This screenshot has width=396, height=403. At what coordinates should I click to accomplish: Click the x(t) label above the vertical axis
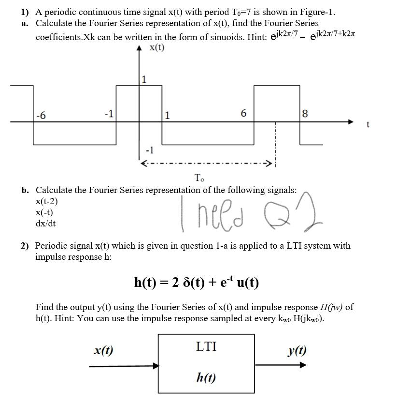(157, 47)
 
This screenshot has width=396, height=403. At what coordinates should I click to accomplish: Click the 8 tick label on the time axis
(304, 114)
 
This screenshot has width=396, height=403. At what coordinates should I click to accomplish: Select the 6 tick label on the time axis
(243, 114)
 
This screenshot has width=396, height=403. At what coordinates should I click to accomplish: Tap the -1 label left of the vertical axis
(109, 114)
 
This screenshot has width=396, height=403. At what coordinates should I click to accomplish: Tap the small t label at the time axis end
(368, 124)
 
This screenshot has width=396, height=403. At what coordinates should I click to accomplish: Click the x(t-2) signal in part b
(47, 201)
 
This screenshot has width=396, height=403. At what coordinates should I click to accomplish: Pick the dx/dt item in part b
(45, 224)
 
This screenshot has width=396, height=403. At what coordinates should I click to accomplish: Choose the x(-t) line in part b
(44, 212)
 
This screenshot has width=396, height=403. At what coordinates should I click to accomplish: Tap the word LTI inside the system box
(206, 346)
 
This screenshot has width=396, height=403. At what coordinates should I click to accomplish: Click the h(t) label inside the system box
(206, 377)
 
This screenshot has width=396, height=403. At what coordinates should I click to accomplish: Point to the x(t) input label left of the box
(103, 351)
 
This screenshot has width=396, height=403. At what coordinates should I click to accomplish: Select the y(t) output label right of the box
(297, 351)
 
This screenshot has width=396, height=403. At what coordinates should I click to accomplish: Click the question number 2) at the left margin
(25, 246)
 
